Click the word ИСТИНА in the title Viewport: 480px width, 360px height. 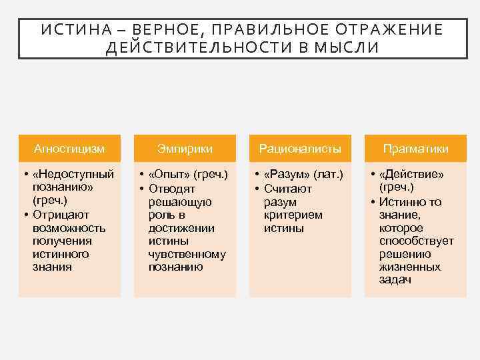[69, 30]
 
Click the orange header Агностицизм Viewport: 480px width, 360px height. [69, 148]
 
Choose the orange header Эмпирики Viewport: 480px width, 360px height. [185, 148]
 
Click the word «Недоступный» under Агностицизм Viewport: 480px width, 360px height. [73, 174]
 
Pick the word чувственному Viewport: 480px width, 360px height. [187, 254]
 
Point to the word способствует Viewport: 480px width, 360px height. [417, 241]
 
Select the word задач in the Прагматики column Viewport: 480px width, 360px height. [395, 280]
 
